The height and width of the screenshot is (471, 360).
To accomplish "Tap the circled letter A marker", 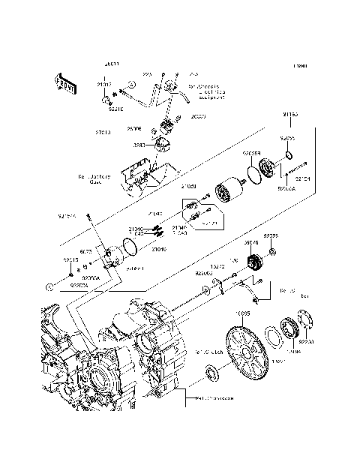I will coord(130,86).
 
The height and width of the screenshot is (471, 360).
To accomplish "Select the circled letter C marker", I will coord(49,286).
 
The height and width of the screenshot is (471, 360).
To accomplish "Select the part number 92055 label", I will coord(288,139).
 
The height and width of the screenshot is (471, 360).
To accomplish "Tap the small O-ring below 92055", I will coord(289,156).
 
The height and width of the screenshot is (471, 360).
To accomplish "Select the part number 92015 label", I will coord(71,260).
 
